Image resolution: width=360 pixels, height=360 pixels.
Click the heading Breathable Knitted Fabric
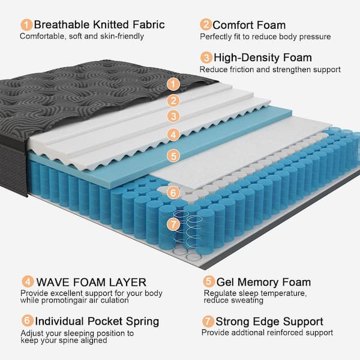[99, 25]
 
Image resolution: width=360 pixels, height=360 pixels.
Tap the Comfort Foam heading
[249, 25]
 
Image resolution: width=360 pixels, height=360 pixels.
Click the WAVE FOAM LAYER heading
[90, 282]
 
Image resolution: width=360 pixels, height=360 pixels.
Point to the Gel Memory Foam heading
[263, 282]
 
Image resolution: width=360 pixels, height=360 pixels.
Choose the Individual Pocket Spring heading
[97, 321]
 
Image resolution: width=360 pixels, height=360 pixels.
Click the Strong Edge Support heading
[269, 322]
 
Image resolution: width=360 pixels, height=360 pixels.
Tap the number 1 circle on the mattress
[173, 84]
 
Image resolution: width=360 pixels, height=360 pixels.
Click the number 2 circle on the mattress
[173, 101]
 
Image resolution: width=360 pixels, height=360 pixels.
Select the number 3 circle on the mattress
[173, 116]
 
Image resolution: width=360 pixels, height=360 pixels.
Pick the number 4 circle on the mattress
[173, 134]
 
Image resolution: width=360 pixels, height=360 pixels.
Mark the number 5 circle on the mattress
[173, 155]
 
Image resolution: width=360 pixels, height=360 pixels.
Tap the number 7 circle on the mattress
[173, 224]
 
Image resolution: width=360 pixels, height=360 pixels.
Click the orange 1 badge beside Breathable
[26, 25]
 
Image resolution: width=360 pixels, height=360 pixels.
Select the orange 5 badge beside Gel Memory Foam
[208, 282]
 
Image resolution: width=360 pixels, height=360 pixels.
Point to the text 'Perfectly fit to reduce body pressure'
[265, 37]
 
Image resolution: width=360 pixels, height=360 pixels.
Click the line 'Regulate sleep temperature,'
[256, 293]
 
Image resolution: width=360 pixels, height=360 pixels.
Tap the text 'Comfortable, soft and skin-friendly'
[82, 36]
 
